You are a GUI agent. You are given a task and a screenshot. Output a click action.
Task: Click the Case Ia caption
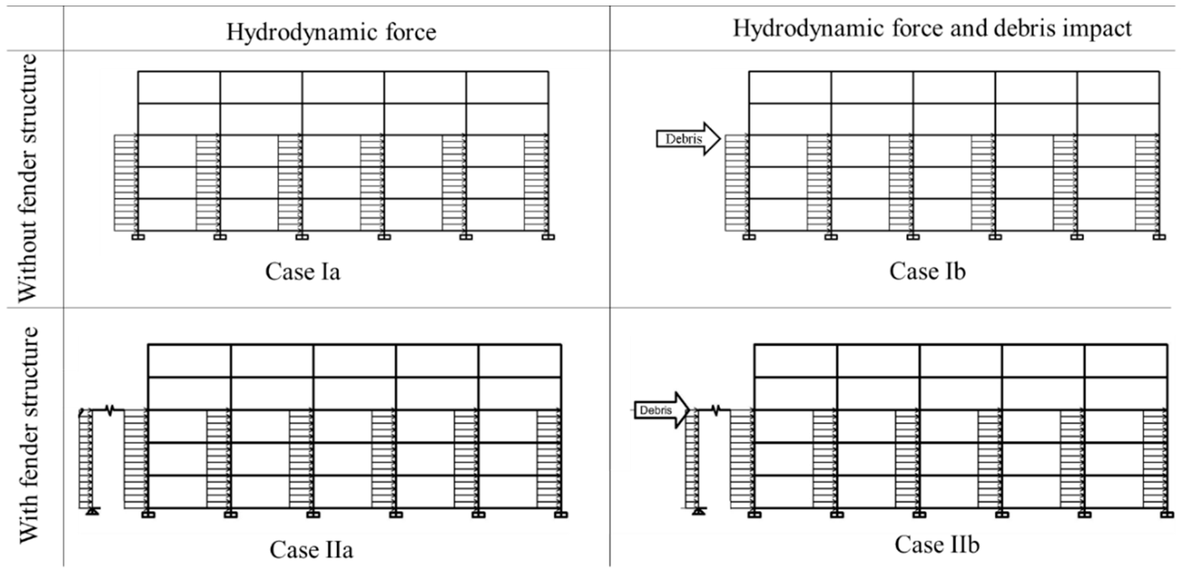click(x=303, y=271)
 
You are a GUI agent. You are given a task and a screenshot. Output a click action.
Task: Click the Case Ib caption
click(x=927, y=271)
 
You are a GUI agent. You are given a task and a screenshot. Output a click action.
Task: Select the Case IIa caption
click(x=311, y=550)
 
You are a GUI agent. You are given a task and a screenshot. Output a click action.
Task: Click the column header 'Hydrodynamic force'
click(x=331, y=32)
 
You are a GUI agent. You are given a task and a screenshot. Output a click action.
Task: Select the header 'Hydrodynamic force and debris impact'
click(x=932, y=28)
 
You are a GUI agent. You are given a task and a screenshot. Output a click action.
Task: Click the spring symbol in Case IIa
click(x=109, y=410)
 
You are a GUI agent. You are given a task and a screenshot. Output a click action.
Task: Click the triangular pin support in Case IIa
click(x=93, y=511)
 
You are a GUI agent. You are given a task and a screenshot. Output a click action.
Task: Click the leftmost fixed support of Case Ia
click(x=138, y=237)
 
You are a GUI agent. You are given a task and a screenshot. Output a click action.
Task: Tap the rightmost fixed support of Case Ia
click(x=548, y=237)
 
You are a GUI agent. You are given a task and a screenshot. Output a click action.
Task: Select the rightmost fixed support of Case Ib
click(x=1160, y=237)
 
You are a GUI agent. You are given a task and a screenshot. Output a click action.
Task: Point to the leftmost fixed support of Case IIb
click(x=754, y=515)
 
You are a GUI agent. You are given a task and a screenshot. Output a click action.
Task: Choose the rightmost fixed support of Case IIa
click(x=561, y=515)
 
